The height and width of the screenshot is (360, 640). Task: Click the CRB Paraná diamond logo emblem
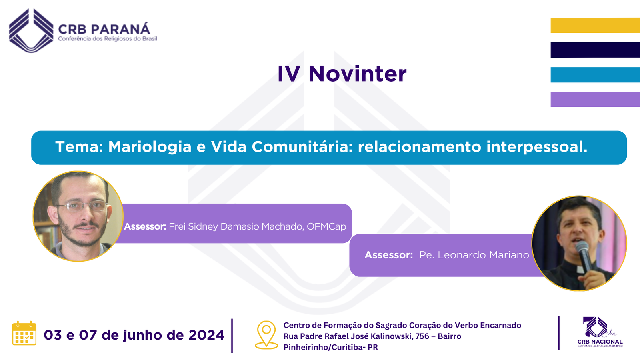31,30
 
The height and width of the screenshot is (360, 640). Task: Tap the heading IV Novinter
342,74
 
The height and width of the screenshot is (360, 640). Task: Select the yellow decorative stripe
595,26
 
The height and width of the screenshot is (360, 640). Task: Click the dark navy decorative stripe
595,50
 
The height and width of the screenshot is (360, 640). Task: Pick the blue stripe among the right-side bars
595,75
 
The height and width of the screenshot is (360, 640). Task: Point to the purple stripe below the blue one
595,100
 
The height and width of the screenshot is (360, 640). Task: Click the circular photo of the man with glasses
78,216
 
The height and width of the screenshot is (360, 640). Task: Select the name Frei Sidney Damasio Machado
236,226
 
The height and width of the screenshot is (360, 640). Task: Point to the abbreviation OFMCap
326,226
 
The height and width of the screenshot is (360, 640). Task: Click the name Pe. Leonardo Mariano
474,255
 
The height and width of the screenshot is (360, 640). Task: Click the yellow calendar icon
24,333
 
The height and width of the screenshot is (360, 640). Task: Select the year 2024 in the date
206,335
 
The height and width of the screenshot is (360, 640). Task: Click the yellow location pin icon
266,335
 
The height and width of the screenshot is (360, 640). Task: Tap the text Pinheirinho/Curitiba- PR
330,348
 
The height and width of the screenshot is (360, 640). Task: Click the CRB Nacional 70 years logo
600,332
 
